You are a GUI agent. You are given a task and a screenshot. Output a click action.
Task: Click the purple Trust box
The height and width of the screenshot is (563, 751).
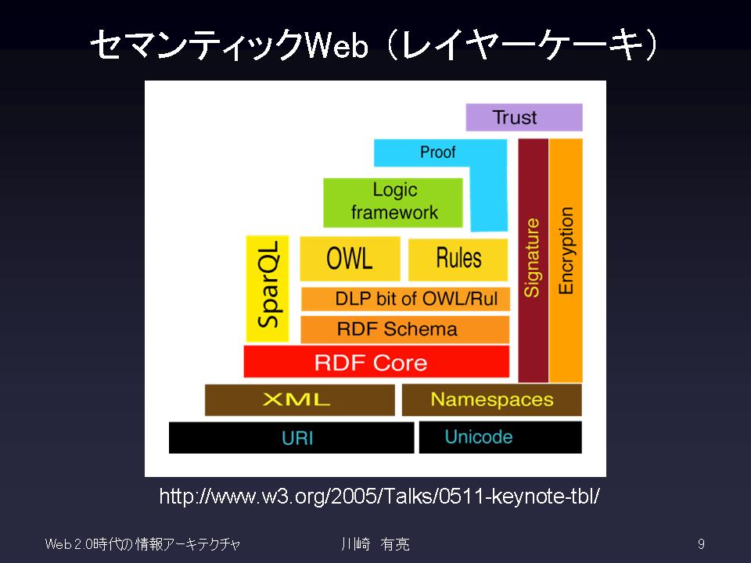(x=524, y=117)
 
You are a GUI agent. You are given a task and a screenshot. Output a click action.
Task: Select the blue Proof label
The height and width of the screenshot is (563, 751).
(x=437, y=152)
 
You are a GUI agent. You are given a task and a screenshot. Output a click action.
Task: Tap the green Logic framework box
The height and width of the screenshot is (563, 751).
(x=393, y=203)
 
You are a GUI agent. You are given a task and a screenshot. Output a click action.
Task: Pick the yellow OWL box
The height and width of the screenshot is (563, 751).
(x=350, y=259)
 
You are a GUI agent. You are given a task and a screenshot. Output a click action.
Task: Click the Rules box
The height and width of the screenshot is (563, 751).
(x=458, y=259)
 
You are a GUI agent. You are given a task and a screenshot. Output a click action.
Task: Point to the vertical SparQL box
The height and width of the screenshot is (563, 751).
(x=268, y=289)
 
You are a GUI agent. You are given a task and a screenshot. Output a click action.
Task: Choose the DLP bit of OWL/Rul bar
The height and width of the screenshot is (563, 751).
(x=405, y=299)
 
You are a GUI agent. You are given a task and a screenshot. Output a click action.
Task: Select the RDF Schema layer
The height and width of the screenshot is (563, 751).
(x=404, y=329)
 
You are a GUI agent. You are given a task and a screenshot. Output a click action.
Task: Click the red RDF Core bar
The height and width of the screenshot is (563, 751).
(x=376, y=361)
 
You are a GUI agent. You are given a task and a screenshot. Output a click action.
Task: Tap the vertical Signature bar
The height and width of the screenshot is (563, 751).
(x=533, y=260)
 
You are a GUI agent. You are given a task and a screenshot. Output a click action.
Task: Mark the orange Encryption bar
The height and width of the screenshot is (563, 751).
(x=566, y=260)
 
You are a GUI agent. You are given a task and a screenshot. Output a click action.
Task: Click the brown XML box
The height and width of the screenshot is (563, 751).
(x=300, y=400)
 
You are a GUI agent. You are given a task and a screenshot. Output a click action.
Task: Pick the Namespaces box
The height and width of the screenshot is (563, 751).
(x=492, y=400)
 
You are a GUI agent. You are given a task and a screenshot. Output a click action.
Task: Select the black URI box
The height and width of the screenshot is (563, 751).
(x=291, y=438)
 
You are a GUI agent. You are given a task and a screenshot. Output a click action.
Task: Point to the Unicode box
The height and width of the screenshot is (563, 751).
(x=501, y=437)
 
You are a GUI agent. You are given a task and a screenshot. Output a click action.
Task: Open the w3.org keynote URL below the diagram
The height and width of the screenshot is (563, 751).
(x=379, y=496)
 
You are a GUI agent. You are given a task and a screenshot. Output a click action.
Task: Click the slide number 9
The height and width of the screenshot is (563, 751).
(x=701, y=544)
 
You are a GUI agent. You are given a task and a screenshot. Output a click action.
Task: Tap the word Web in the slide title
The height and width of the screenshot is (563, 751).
(x=336, y=46)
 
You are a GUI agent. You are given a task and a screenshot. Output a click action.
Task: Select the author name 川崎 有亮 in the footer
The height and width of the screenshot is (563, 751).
(x=375, y=544)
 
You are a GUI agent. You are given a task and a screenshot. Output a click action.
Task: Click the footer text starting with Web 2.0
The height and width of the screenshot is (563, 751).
(x=142, y=544)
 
